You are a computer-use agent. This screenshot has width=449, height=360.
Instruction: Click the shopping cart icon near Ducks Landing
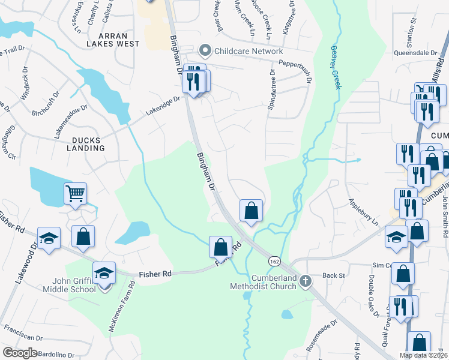[x=75, y=194]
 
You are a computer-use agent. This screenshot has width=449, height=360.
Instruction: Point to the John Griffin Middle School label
[x=65, y=285]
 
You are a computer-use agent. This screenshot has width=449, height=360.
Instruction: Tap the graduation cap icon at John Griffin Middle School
[x=104, y=272]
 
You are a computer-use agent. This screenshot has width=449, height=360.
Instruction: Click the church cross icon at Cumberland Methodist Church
[x=306, y=281]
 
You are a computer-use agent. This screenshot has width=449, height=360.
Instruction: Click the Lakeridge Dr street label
[x=162, y=107]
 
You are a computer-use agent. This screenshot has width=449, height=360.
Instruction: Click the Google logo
[x=20, y=353]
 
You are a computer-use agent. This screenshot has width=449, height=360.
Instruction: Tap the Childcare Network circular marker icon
[x=206, y=51]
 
